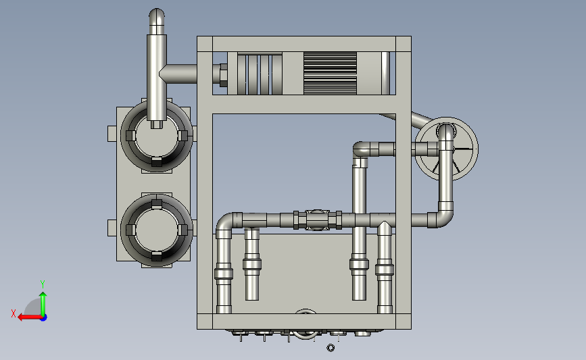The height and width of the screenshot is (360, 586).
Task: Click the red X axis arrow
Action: (x=30, y=317)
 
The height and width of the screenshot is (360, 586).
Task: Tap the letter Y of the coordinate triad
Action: (x=43, y=284)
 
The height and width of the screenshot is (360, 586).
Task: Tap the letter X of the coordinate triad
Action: (x=14, y=313)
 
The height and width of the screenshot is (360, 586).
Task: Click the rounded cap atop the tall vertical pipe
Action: (x=157, y=16)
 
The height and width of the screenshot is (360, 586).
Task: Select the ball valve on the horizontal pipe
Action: (x=317, y=220)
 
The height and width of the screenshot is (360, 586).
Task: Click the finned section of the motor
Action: (x=330, y=73)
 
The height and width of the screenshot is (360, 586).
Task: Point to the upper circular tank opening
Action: (x=157, y=136)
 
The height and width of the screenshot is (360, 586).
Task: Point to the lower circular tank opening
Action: (x=157, y=230)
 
